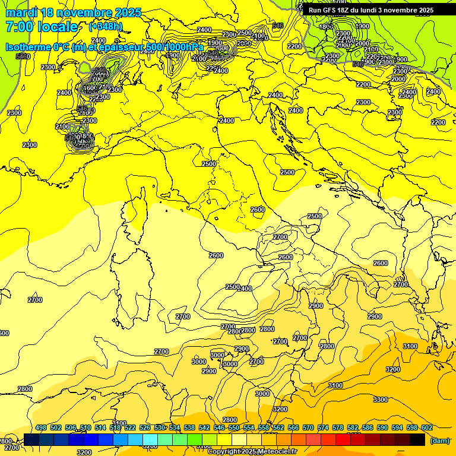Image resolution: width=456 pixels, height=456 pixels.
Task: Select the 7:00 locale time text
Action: [x=42, y=27]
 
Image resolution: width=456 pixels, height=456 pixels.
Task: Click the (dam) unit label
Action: [x=439, y=440]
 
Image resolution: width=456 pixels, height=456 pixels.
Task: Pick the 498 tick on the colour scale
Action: [x=41, y=427]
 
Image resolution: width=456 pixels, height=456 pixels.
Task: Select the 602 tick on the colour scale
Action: [x=426, y=427]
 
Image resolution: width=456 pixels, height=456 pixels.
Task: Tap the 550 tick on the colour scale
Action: [x=234, y=427]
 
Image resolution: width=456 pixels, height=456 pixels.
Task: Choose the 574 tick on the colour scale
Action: [x=323, y=427]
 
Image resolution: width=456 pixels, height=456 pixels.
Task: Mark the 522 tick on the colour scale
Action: [x=130, y=427]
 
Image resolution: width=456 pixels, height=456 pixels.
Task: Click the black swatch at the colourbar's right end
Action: [x=417, y=439]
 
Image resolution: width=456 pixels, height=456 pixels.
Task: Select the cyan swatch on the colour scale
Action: [x=150, y=439]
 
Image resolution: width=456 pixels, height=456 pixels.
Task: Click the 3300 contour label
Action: [x=380, y=400]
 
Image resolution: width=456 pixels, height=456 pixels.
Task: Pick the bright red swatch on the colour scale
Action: [x=343, y=439]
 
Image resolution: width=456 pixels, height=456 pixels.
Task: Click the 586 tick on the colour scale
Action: [x=368, y=427]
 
